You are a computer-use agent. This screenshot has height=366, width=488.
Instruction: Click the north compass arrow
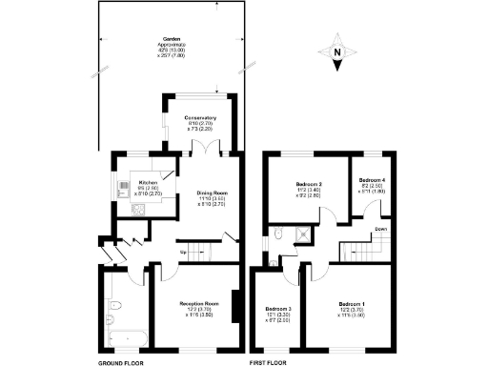(337, 56)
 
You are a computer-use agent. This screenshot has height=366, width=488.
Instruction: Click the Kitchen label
(148, 182)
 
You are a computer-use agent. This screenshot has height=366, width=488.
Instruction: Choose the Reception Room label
(199, 304)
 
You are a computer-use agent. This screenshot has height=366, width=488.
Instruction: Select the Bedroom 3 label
(277, 309)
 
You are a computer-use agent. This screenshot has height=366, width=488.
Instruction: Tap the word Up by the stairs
(183, 253)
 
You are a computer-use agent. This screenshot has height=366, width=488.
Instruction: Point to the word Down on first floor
(380, 230)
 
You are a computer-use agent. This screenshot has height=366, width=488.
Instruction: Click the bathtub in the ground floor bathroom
(125, 336)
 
